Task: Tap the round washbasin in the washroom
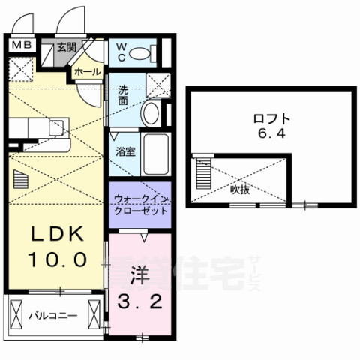click(x=150, y=114)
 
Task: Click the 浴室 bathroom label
click(x=124, y=151)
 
